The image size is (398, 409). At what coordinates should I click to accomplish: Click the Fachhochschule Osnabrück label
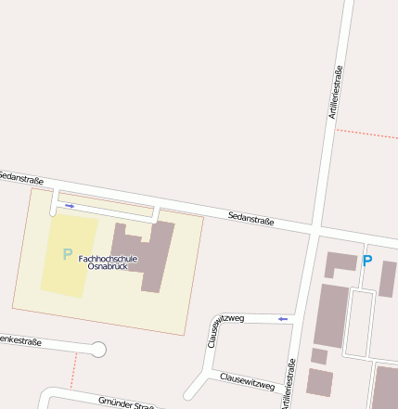pyautogui.click(x=108, y=262)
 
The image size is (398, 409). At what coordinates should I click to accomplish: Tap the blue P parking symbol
pyautogui.click(x=366, y=262)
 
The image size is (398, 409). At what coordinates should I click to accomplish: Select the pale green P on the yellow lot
pyautogui.click(x=67, y=254)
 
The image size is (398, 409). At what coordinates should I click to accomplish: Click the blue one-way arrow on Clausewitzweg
pyautogui.click(x=283, y=319)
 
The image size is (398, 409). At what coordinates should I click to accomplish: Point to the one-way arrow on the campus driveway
pyautogui.click(x=70, y=206)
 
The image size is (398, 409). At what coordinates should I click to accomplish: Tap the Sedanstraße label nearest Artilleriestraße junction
pyautogui.click(x=250, y=220)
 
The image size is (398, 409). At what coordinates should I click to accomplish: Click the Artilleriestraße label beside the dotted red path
pyautogui.click(x=336, y=91)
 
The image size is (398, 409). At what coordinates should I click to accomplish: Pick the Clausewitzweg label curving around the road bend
pyautogui.click(x=224, y=328)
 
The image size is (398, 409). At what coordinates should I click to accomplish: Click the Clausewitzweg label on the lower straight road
pyautogui.click(x=248, y=381)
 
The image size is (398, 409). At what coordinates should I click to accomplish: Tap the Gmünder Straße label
pyautogui.click(x=125, y=403)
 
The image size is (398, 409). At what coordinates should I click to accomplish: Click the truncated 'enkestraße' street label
pyautogui.click(x=20, y=341)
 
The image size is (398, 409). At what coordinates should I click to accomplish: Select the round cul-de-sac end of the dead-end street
pyautogui.click(x=98, y=350)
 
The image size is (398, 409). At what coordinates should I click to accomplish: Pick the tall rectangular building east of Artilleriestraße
pyautogui.click(x=331, y=315)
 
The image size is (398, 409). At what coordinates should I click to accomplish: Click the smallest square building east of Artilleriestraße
pyautogui.click(x=319, y=356)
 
